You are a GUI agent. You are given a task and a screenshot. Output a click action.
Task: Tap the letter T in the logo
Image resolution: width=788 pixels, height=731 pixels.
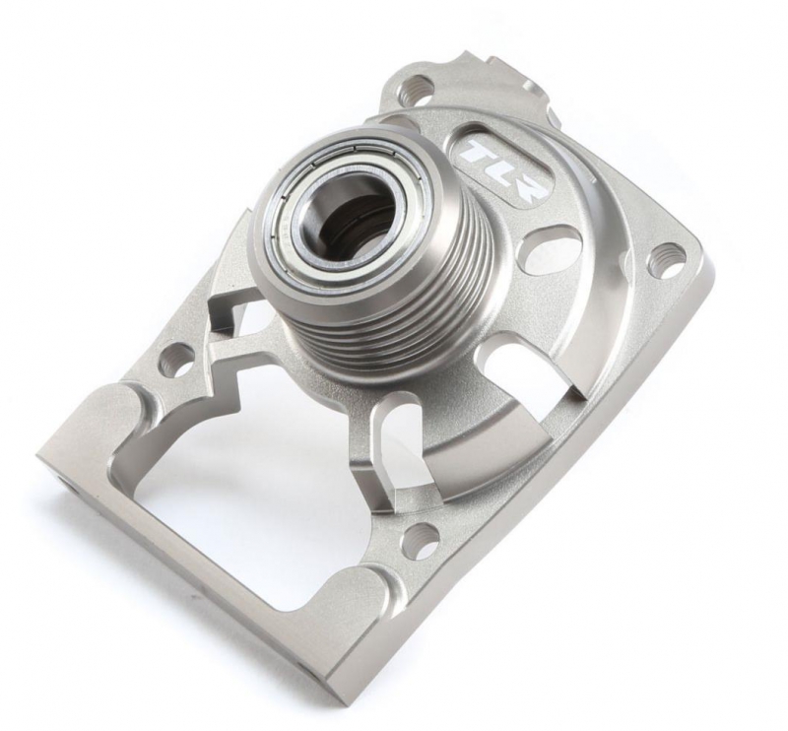pos(476,153)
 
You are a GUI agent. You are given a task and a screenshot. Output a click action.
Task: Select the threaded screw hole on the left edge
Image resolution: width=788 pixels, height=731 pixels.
pos(175,359)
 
